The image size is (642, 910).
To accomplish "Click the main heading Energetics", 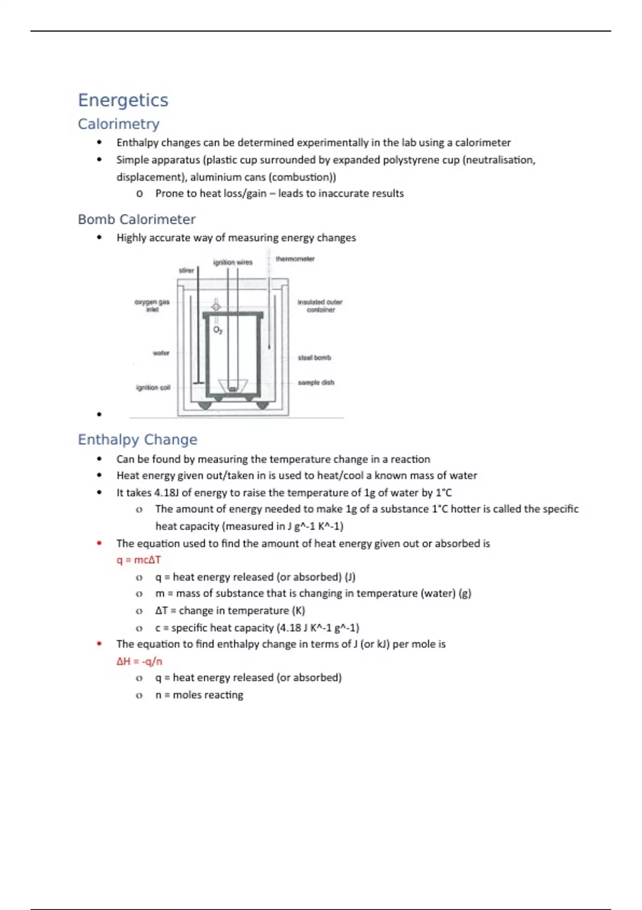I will (123, 100).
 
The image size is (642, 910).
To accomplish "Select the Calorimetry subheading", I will (119, 124).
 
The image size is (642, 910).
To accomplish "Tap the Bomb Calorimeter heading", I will (136, 219).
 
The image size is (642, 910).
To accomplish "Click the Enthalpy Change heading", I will (137, 439).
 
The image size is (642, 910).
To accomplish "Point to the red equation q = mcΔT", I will (139, 560).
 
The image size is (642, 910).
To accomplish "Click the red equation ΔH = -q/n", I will (139, 661).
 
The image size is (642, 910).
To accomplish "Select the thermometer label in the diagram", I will (295, 259).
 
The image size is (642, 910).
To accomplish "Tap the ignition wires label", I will (233, 262).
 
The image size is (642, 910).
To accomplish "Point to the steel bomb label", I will (314, 358).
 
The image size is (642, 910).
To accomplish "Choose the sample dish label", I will (316, 383).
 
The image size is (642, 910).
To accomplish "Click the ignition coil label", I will (153, 388).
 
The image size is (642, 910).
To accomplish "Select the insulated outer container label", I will (320, 306).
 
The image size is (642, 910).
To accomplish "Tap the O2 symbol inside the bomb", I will (218, 330).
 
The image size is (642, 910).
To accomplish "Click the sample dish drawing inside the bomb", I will (233, 386).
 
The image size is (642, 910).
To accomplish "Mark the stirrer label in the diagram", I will (186, 270).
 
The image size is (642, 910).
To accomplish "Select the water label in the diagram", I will (161, 353).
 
